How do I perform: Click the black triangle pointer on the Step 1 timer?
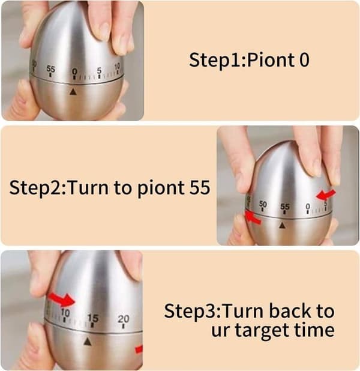click(x=74, y=92)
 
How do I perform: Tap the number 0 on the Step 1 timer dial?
click(x=74, y=71)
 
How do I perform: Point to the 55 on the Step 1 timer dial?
click(x=50, y=69)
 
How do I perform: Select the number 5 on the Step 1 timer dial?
click(x=99, y=70)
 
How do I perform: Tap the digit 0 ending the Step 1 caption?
click(x=304, y=60)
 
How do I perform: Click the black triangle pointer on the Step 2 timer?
click(x=282, y=226)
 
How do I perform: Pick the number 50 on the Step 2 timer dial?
click(x=263, y=204)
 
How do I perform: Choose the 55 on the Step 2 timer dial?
click(x=285, y=207)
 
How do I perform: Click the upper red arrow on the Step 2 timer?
click(x=326, y=195)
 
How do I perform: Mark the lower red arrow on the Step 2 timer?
click(x=253, y=217)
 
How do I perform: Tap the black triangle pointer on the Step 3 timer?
click(x=88, y=342)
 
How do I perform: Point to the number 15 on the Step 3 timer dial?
click(x=93, y=318)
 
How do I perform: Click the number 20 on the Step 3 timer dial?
click(x=124, y=319)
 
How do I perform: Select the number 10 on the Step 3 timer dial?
click(x=65, y=313)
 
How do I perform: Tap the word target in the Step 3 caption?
click(x=262, y=330)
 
